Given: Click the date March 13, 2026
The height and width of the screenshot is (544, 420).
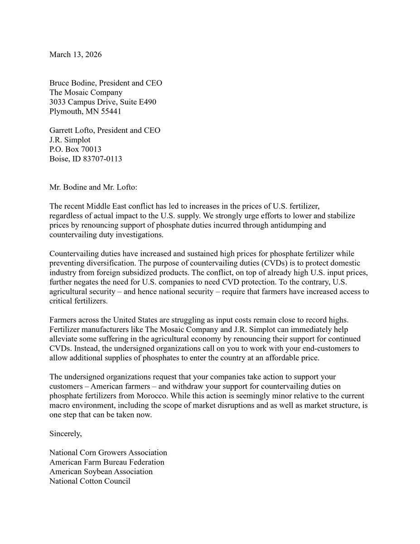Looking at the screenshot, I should tap(75, 54).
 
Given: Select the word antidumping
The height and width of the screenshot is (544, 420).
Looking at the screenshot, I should tap(304, 225).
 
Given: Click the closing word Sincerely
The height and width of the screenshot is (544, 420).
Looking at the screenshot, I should tap(66, 434).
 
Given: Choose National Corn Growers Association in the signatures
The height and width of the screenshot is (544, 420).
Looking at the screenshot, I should tap(108, 453).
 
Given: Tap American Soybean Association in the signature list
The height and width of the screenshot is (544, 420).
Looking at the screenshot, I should tap(101, 472).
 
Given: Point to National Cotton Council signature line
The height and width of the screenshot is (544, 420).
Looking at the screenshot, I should tap(90, 481).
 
